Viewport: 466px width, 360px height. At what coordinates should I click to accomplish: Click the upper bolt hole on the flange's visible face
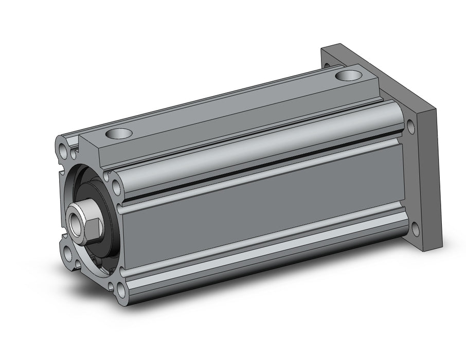[x=410, y=124]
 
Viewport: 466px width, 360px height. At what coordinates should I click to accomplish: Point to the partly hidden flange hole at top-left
[x=327, y=66]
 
